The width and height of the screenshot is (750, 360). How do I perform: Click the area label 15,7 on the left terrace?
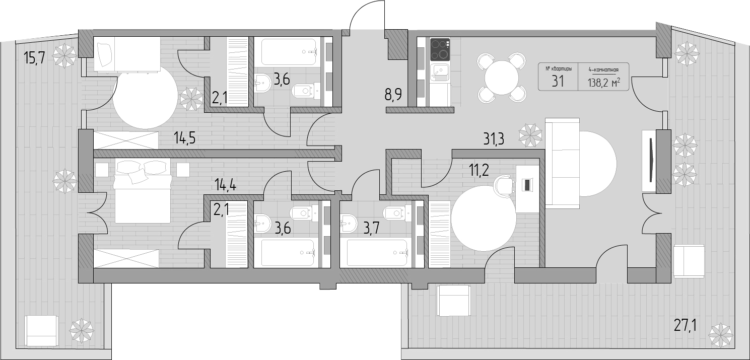point(34,58)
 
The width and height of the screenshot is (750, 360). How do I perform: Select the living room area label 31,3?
point(494,138)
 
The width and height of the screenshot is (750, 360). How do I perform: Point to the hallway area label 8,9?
point(393,95)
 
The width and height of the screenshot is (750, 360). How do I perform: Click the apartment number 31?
point(558,81)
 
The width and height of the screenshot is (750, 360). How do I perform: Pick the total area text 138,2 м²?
point(604,82)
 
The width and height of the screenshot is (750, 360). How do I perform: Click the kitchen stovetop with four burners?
point(440,49)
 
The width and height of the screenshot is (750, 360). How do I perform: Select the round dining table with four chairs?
point(501,78)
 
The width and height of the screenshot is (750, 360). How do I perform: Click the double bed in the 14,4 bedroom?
point(143,190)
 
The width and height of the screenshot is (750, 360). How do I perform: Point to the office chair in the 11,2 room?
point(504,185)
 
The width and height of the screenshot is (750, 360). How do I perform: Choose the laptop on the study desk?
point(527,185)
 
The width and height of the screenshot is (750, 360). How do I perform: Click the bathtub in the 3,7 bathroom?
point(377,252)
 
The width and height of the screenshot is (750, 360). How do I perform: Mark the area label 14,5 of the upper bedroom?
point(184,138)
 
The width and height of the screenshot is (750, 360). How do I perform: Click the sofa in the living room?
point(562,163)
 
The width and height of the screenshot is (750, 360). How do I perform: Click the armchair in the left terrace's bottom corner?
point(41,331)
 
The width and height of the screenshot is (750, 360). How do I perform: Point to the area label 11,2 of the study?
point(479,170)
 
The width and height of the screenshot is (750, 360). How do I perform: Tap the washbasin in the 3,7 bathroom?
point(349,223)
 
